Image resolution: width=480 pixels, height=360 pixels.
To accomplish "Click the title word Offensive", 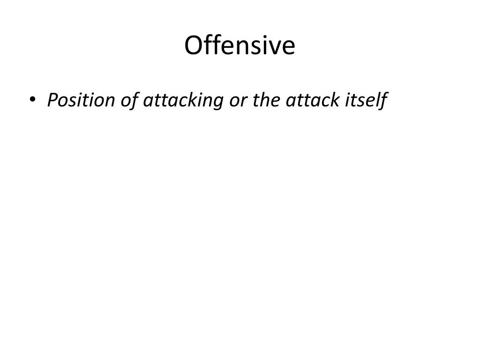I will [240, 46].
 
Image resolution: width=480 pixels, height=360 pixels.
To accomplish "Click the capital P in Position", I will [52, 100].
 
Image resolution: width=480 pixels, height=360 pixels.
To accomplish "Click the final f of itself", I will [384, 100].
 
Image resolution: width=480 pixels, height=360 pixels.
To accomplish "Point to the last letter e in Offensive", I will [289, 47].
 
